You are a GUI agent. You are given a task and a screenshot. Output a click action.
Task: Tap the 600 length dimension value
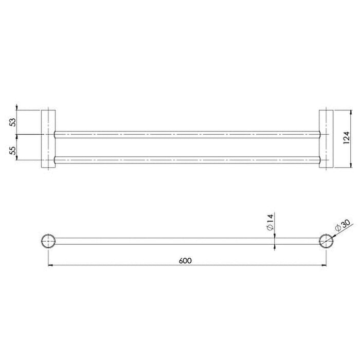pyautogui.click(x=186, y=260)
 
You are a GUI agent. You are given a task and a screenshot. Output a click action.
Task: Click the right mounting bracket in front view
pyautogui.click(x=326, y=138)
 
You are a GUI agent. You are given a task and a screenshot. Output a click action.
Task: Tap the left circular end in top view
pyautogui.click(x=48, y=241)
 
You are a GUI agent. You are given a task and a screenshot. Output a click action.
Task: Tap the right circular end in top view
pyautogui.click(x=327, y=241)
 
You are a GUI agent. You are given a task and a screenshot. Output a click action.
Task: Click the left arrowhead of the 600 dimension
pyautogui.click(x=50, y=266)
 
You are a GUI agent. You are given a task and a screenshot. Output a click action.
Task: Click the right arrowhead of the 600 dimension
pyautogui.click(x=325, y=266)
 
